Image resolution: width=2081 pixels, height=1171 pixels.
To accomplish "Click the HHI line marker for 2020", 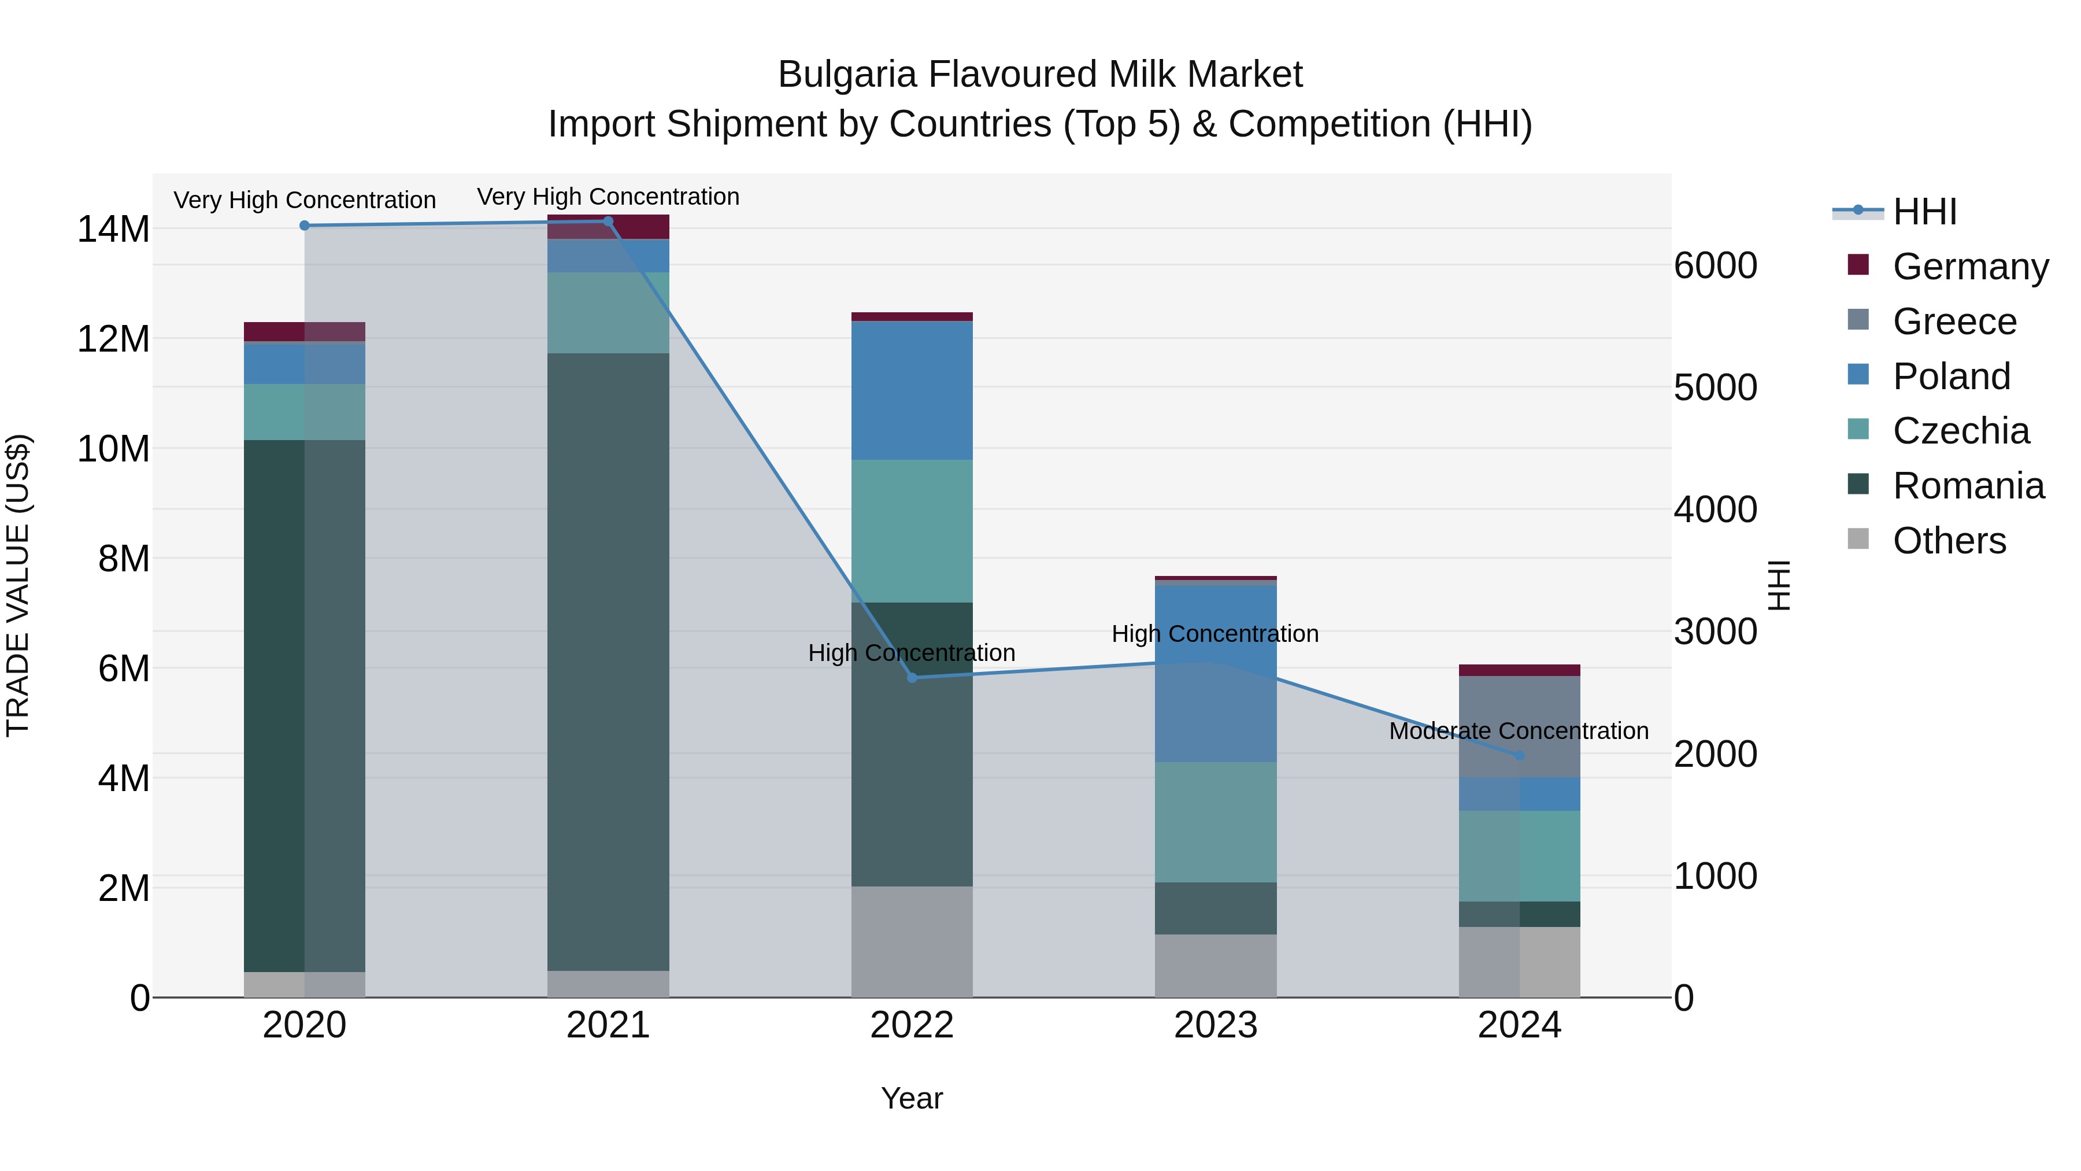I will click(305, 226).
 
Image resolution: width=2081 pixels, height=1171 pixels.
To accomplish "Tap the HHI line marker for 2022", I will click(912, 677).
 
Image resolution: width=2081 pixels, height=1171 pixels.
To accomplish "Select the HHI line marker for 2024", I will click(1520, 755).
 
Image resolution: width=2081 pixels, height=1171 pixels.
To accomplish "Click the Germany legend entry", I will click(1969, 266).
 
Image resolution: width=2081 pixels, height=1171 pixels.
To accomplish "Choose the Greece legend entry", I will click(1953, 321).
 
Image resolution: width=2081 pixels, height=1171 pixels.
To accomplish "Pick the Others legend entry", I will click(1949, 540).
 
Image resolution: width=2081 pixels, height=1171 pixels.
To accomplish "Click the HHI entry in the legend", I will click(1924, 212).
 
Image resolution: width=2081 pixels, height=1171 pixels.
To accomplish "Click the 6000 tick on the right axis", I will click(1715, 266).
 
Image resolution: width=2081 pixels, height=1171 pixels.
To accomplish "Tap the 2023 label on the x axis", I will click(1215, 1025).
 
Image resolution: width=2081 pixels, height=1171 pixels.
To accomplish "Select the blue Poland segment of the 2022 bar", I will click(912, 390).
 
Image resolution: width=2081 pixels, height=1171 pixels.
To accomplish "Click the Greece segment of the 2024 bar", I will click(1520, 726).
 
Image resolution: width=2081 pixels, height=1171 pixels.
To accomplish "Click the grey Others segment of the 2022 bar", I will click(912, 941).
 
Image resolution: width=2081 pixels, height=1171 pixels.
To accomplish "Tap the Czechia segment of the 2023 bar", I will click(1215, 822).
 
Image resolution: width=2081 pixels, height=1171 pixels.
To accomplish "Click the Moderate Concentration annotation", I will click(1518, 730).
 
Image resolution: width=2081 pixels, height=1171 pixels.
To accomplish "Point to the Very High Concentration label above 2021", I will click(608, 197).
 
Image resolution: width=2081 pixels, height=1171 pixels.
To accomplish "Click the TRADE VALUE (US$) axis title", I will click(18, 585).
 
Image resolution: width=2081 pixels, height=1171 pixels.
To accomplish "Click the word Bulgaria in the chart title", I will click(847, 75).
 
